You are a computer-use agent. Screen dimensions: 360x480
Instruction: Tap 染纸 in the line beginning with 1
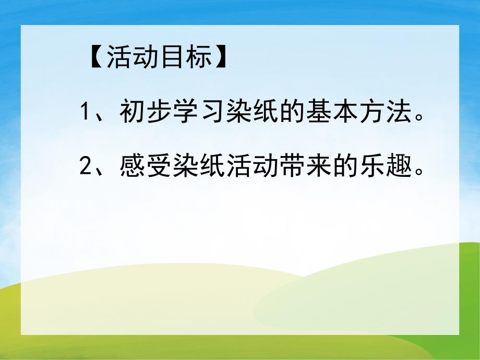coord(247,113)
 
